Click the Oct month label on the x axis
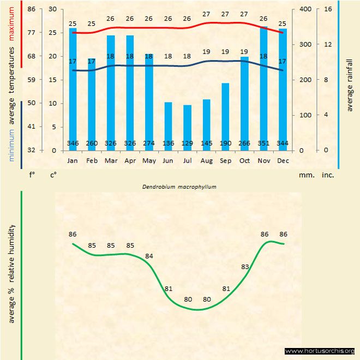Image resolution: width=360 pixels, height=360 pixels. click(x=244, y=161)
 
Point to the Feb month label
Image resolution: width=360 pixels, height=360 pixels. click(x=92, y=161)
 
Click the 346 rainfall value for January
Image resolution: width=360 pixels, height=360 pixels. click(x=73, y=143)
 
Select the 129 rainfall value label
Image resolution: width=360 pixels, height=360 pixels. click(x=187, y=143)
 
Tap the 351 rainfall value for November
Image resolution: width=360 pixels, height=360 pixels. click(x=263, y=143)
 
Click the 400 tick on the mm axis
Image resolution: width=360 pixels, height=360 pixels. click(x=305, y=9)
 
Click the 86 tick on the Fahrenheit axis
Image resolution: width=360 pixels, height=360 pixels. click(x=31, y=9)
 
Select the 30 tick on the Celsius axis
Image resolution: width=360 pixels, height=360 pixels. click(x=52, y=9)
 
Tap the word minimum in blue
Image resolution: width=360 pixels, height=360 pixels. click(x=11, y=144)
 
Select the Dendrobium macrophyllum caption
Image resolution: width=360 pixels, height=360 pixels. click(x=179, y=187)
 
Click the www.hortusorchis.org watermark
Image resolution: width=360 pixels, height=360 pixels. click(x=320, y=351)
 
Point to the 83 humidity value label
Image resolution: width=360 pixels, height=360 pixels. click(x=245, y=267)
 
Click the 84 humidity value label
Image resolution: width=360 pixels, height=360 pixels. click(x=149, y=256)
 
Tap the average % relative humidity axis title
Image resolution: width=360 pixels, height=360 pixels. click(x=11, y=273)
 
